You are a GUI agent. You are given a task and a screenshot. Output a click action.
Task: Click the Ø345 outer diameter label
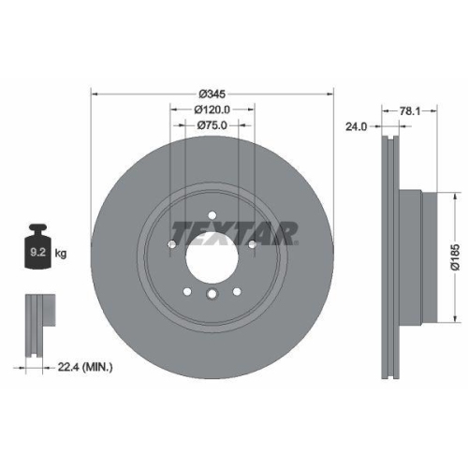pyautogui.click(x=212, y=94)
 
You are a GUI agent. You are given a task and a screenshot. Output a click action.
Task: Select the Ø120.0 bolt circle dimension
pyautogui.click(x=212, y=110)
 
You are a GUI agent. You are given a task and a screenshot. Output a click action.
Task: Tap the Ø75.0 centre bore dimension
pyautogui.click(x=212, y=125)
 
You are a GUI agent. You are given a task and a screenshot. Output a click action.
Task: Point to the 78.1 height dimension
pyautogui.click(x=407, y=110)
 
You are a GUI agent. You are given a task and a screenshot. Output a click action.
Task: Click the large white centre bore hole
pyautogui.click(x=212, y=250)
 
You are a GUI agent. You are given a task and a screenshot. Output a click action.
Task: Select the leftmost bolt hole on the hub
pyautogui.click(x=172, y=246)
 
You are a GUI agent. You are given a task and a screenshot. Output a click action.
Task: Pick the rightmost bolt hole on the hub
pyautogui.click(x=253, y=246)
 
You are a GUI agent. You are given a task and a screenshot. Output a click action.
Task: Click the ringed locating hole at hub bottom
pyautogui.click(x=212, y=297)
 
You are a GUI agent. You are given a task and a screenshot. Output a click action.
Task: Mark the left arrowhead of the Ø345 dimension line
pyautogui.click(x=95, y=94)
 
